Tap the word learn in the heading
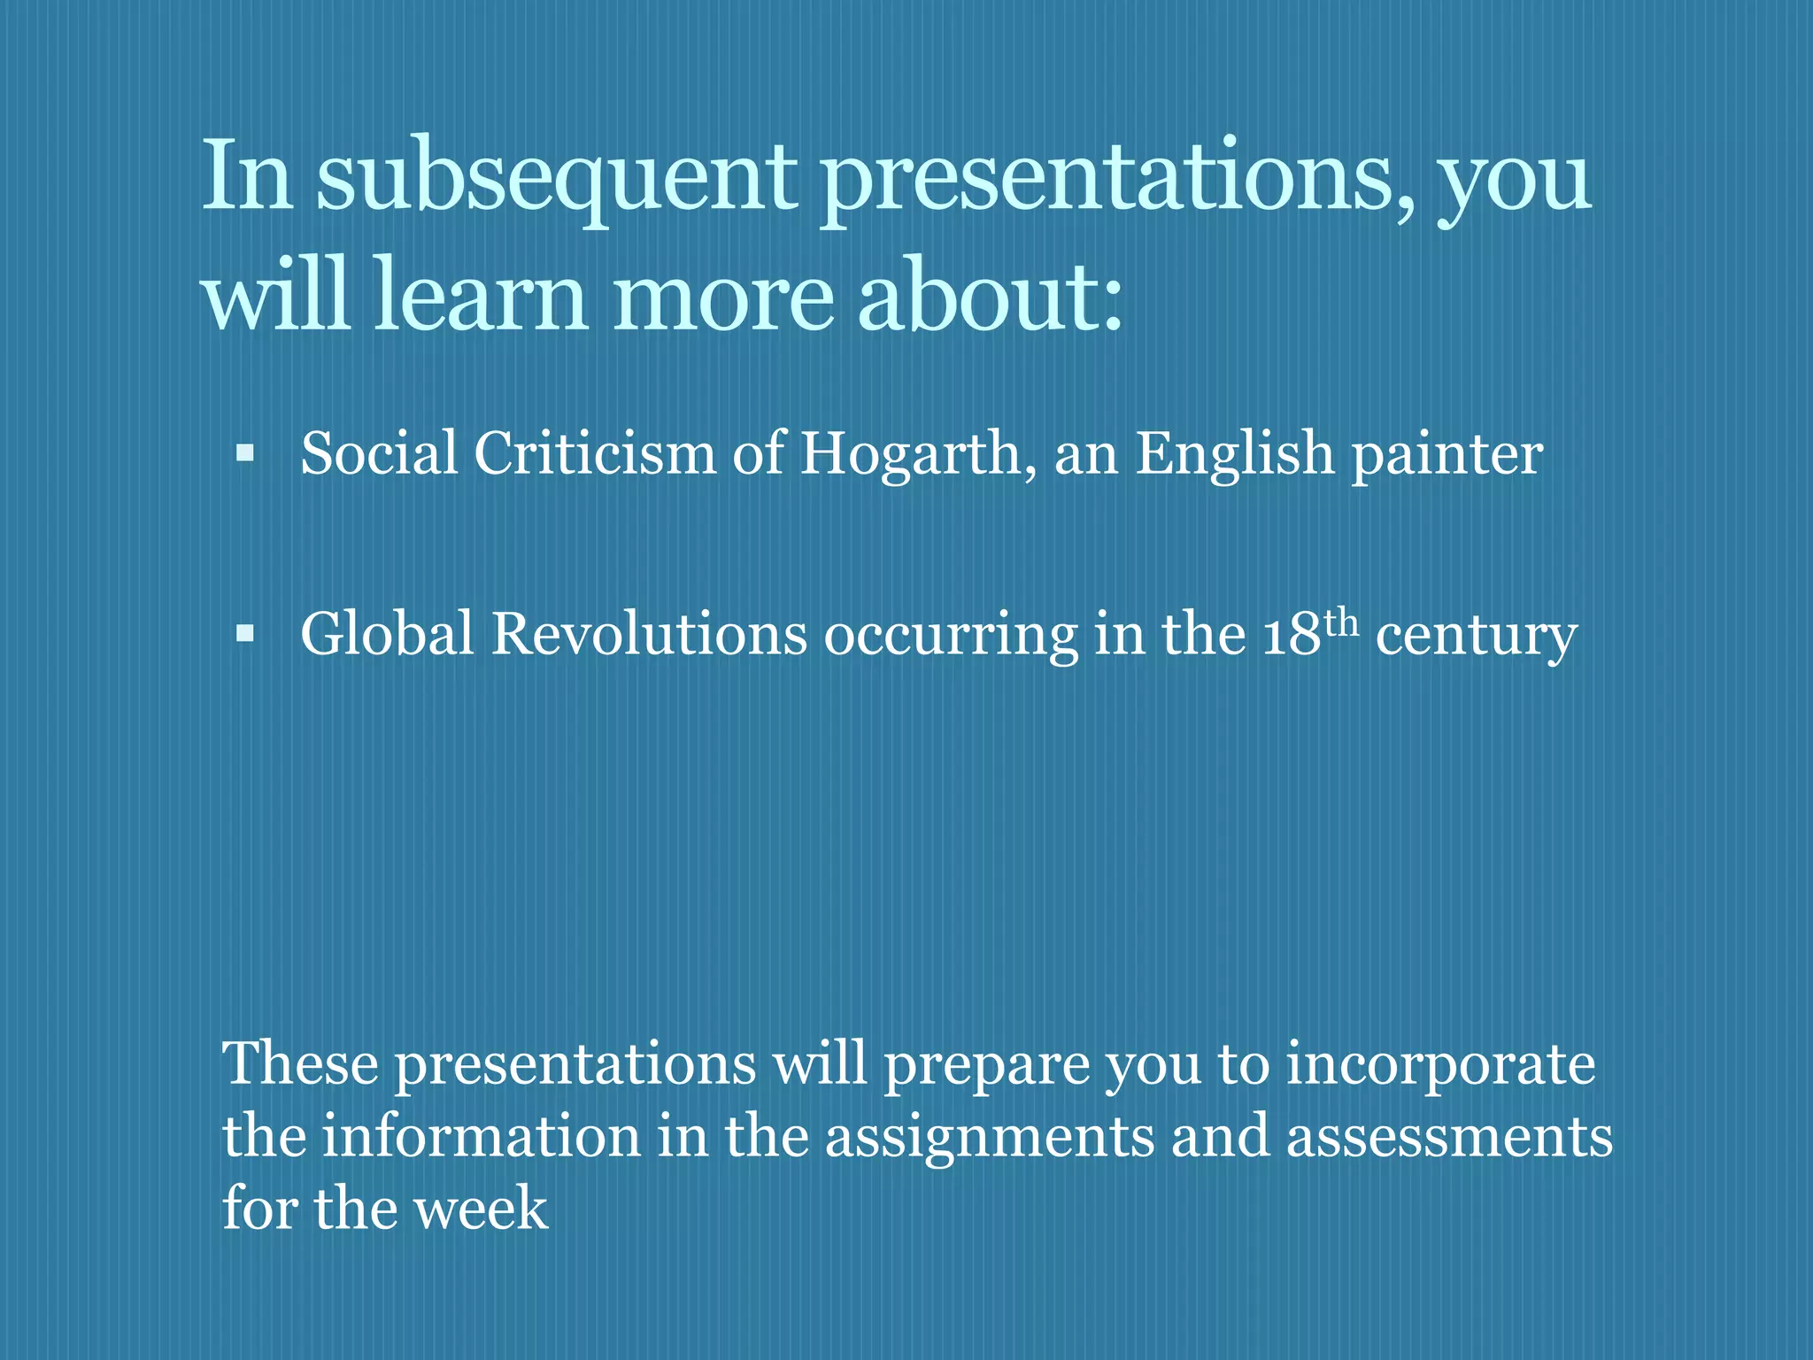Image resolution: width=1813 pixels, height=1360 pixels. pyautogui.click(x=480, y=297)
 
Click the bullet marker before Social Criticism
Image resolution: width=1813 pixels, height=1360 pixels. pyautogui.click(x=245, y=454)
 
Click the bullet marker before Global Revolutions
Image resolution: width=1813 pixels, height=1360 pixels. pyautogui.click(x=245, y=635)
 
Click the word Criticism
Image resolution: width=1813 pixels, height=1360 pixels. pyautogui.click(x=594, y=454)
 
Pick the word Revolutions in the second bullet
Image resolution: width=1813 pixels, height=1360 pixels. pyautogui.click(x=649, y=635)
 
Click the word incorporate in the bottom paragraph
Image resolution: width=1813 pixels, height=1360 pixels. pyautogui.click(x=1440, y=1066)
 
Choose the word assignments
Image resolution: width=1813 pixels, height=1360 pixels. pyautogui.click(x=990, y=1138)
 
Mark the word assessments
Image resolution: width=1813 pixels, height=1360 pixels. pyautogui.click(x=1449, y=1138)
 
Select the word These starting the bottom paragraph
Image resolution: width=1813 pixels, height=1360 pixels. pyautogui.click(x=300, y=1064)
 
